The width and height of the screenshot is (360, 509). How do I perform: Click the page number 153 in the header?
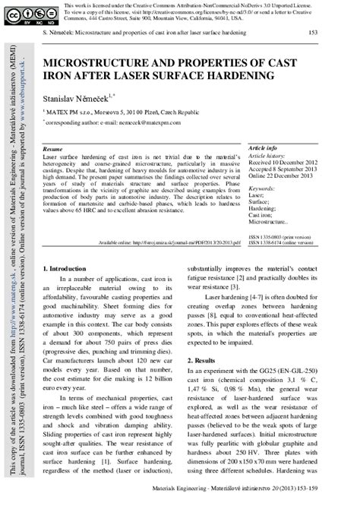(312, 34)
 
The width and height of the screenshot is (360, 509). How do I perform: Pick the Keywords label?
(264, 187)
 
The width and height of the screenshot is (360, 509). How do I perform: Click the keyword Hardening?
(263, 207)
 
